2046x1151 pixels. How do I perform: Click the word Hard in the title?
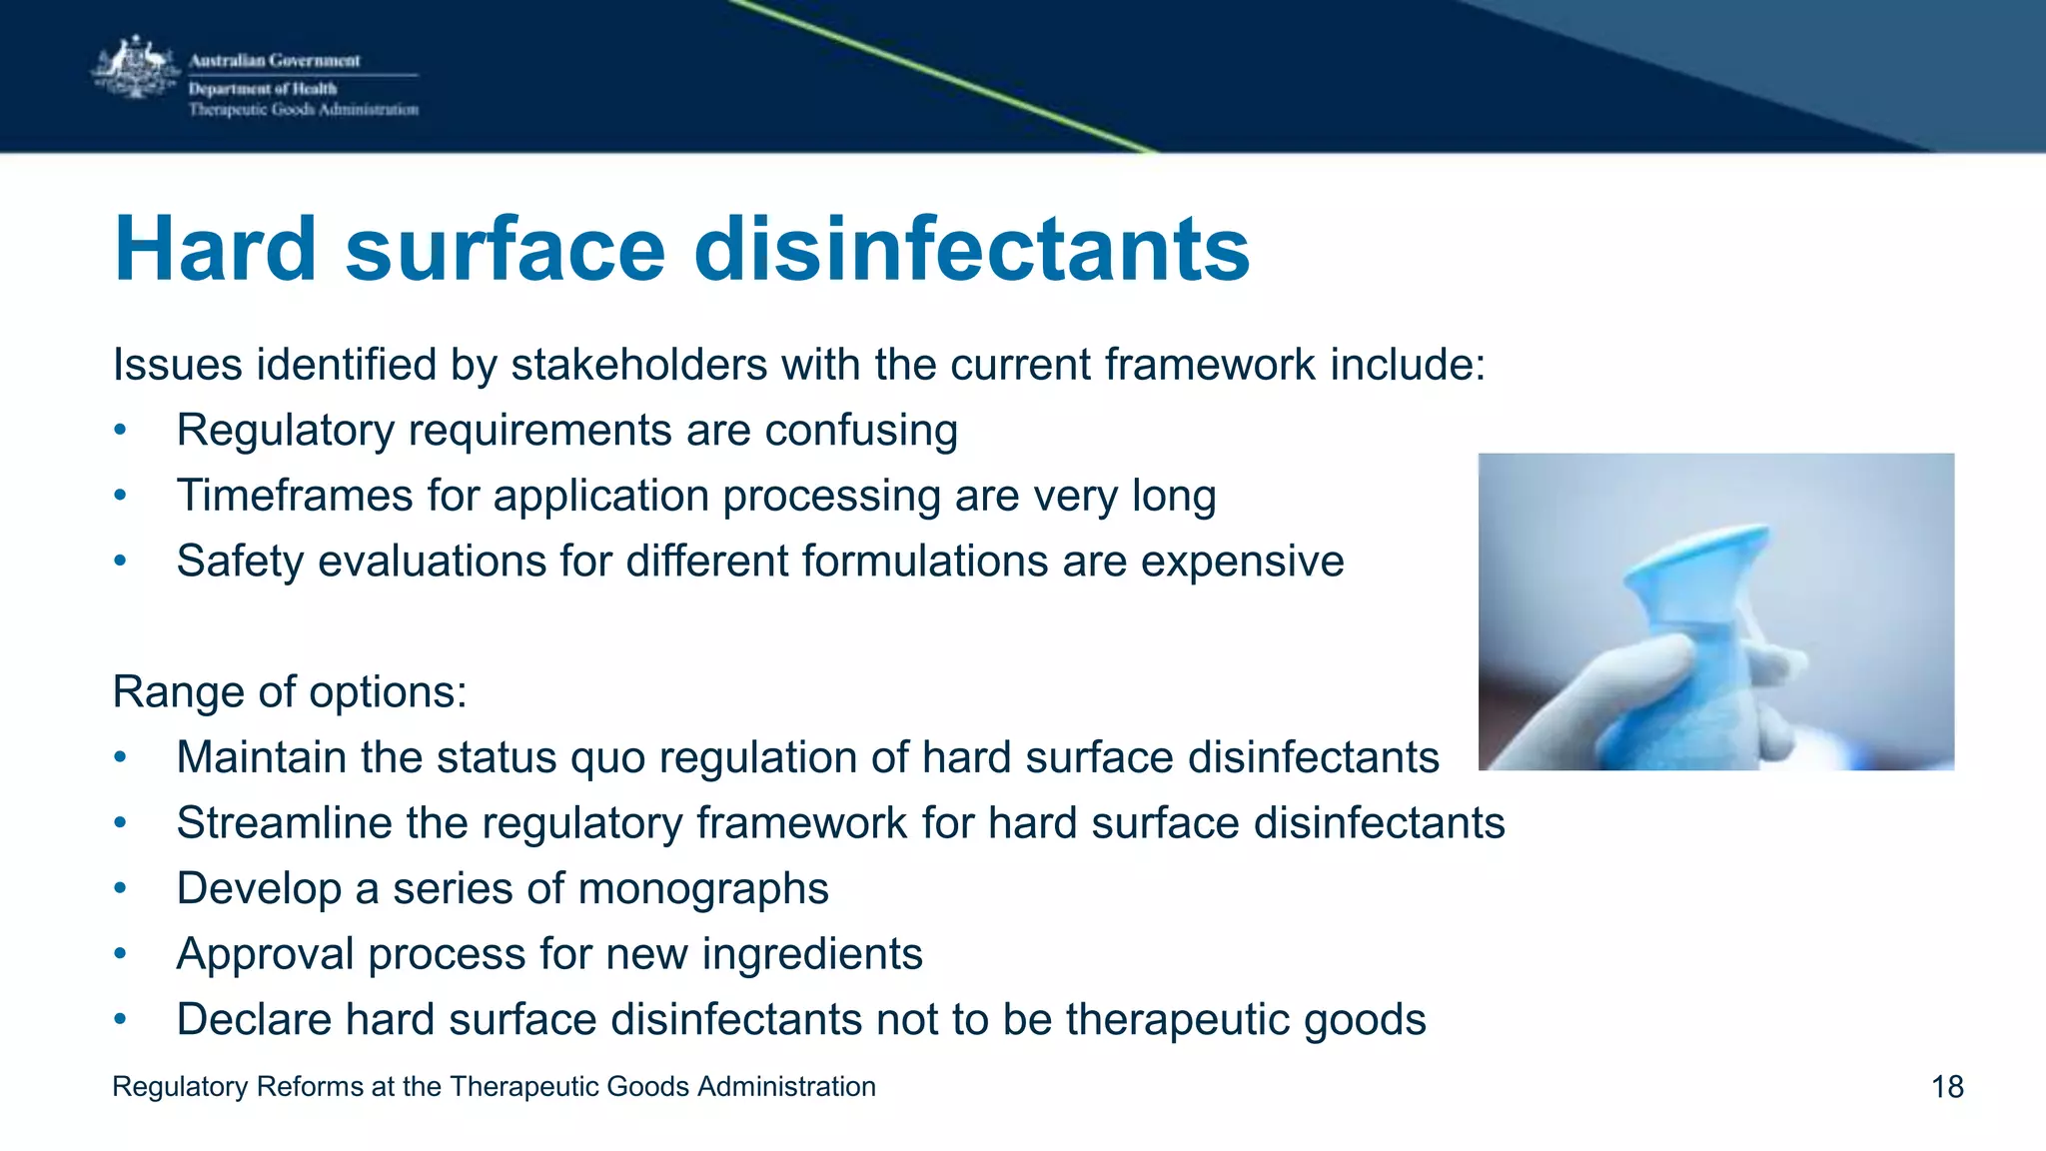(x=215, y=249)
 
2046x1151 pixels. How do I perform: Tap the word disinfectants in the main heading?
(x=971, y=249)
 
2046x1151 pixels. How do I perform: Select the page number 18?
(x=1947, y=1087)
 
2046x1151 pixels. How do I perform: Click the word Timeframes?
(x=294, y=496)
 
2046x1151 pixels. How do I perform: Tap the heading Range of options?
(x=290, y=691)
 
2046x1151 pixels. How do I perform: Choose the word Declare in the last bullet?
(x=254, y=1020)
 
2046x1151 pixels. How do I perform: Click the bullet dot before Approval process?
(x=120, y=954)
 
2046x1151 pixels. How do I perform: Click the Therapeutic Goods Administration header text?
(x=304, y=110)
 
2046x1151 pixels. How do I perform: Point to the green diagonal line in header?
(x=939, y=75)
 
